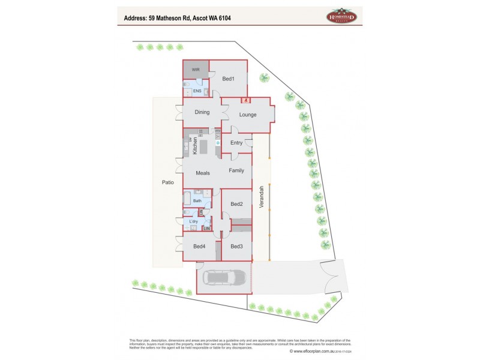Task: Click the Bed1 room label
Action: point(228,79)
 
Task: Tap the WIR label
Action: point(196,70)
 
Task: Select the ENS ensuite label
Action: point(196,91)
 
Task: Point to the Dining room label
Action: point(202,112)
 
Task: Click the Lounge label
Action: point(248,115)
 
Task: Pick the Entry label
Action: point(236,143)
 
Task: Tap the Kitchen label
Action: point(195,146)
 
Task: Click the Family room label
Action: point(236,171)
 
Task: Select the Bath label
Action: point(197,200)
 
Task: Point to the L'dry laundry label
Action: point(193,222)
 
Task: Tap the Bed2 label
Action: point(236,204)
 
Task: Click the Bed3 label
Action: point(236,247)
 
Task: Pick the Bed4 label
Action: point(200,247)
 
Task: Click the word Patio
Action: point(167,182)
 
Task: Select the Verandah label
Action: point(261,196)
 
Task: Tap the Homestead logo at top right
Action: point(341,16)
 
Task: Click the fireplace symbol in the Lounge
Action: point(245,100)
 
